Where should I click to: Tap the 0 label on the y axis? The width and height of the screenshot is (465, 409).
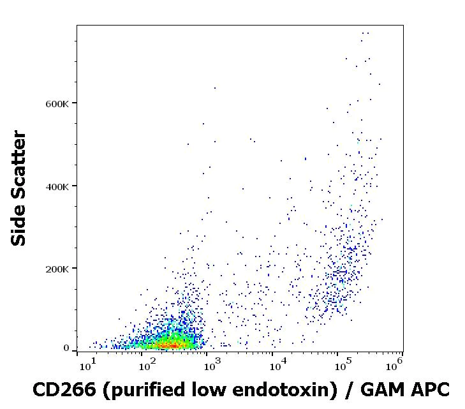coord(66,348)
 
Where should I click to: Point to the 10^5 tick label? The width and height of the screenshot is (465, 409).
coord(342,366)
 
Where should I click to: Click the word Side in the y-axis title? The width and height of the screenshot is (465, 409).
coord(19,223)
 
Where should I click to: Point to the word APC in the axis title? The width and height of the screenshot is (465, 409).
coord(431,389)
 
